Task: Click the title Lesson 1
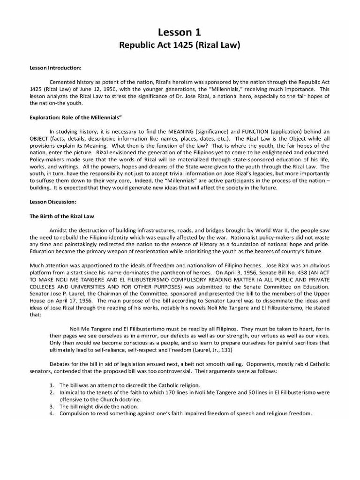(x=180, y=32)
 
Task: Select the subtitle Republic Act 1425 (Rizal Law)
(x=180, y=46)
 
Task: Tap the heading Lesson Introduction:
(x=56, y=68)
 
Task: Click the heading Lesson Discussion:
(x=53, y=202)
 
